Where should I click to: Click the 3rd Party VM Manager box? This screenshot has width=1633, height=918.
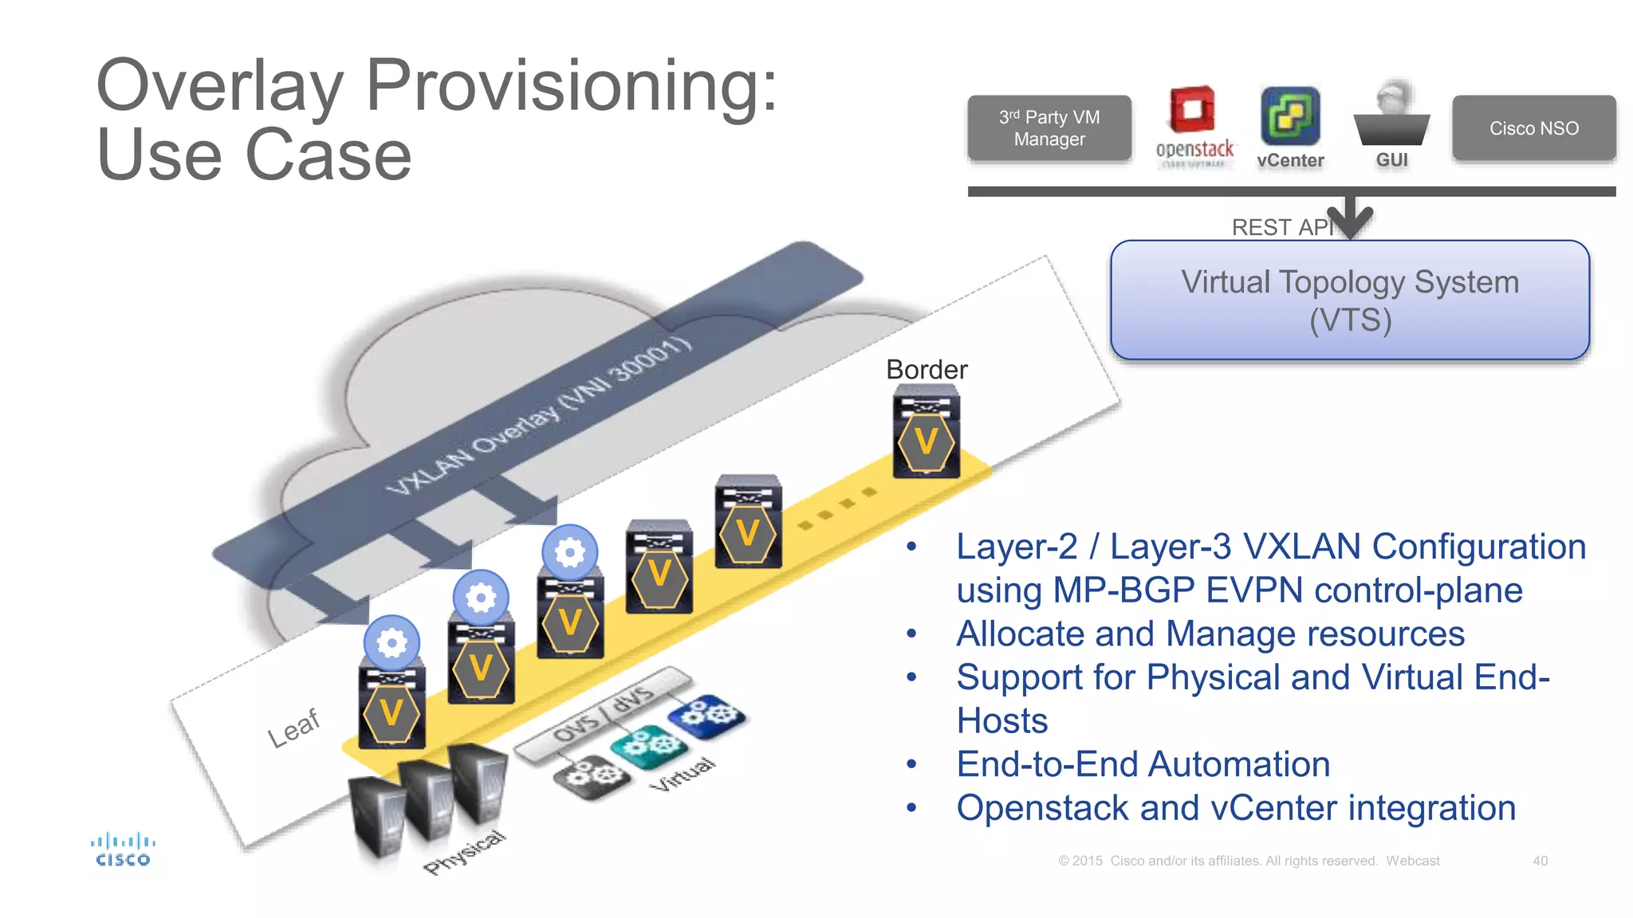[x=1049, y=128]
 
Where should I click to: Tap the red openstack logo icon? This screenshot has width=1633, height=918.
[x=1192, y=111]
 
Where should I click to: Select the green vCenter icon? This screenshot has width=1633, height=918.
[x=1289, y=116]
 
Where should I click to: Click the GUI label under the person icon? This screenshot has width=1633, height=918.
[x=1391, y=160]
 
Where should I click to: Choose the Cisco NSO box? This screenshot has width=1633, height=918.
[x=1533, y=128]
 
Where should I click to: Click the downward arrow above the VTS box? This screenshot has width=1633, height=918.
[x=1352, y=217]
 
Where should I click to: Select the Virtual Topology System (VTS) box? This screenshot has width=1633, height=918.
[x=1349, y=300]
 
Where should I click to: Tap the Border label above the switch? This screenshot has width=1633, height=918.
[x=927, y=370]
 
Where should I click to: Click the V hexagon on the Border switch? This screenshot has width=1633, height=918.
[x=926, y=441]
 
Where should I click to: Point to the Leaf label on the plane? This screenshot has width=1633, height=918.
[x=293, y=728]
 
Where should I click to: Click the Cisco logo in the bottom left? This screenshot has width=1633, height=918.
[x=123, y=849]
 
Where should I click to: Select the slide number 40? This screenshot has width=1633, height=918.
[x=1540, y=861]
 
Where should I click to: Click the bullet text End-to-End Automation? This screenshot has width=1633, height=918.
[x=1143, y=764]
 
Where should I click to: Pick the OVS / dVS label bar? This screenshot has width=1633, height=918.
[x=604, y=712]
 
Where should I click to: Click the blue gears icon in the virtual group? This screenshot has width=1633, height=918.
[x=706, y=714]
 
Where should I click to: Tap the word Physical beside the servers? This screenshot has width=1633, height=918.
[x=465, y=853]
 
